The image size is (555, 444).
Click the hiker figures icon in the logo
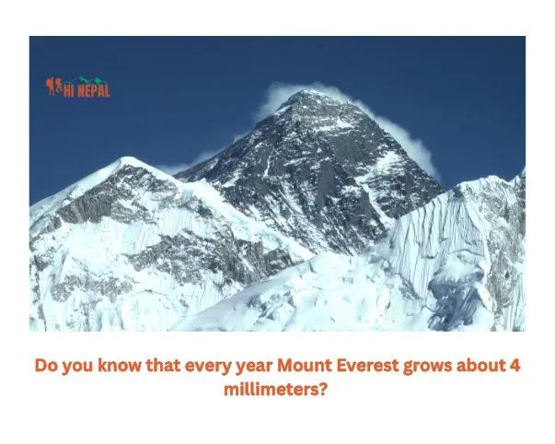coord(53,87)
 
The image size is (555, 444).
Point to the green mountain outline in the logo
coord(88,81)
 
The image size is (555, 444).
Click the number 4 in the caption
coord(515,366)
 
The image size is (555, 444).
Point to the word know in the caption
coord(119,366)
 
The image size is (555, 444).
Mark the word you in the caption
coord(79,366)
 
